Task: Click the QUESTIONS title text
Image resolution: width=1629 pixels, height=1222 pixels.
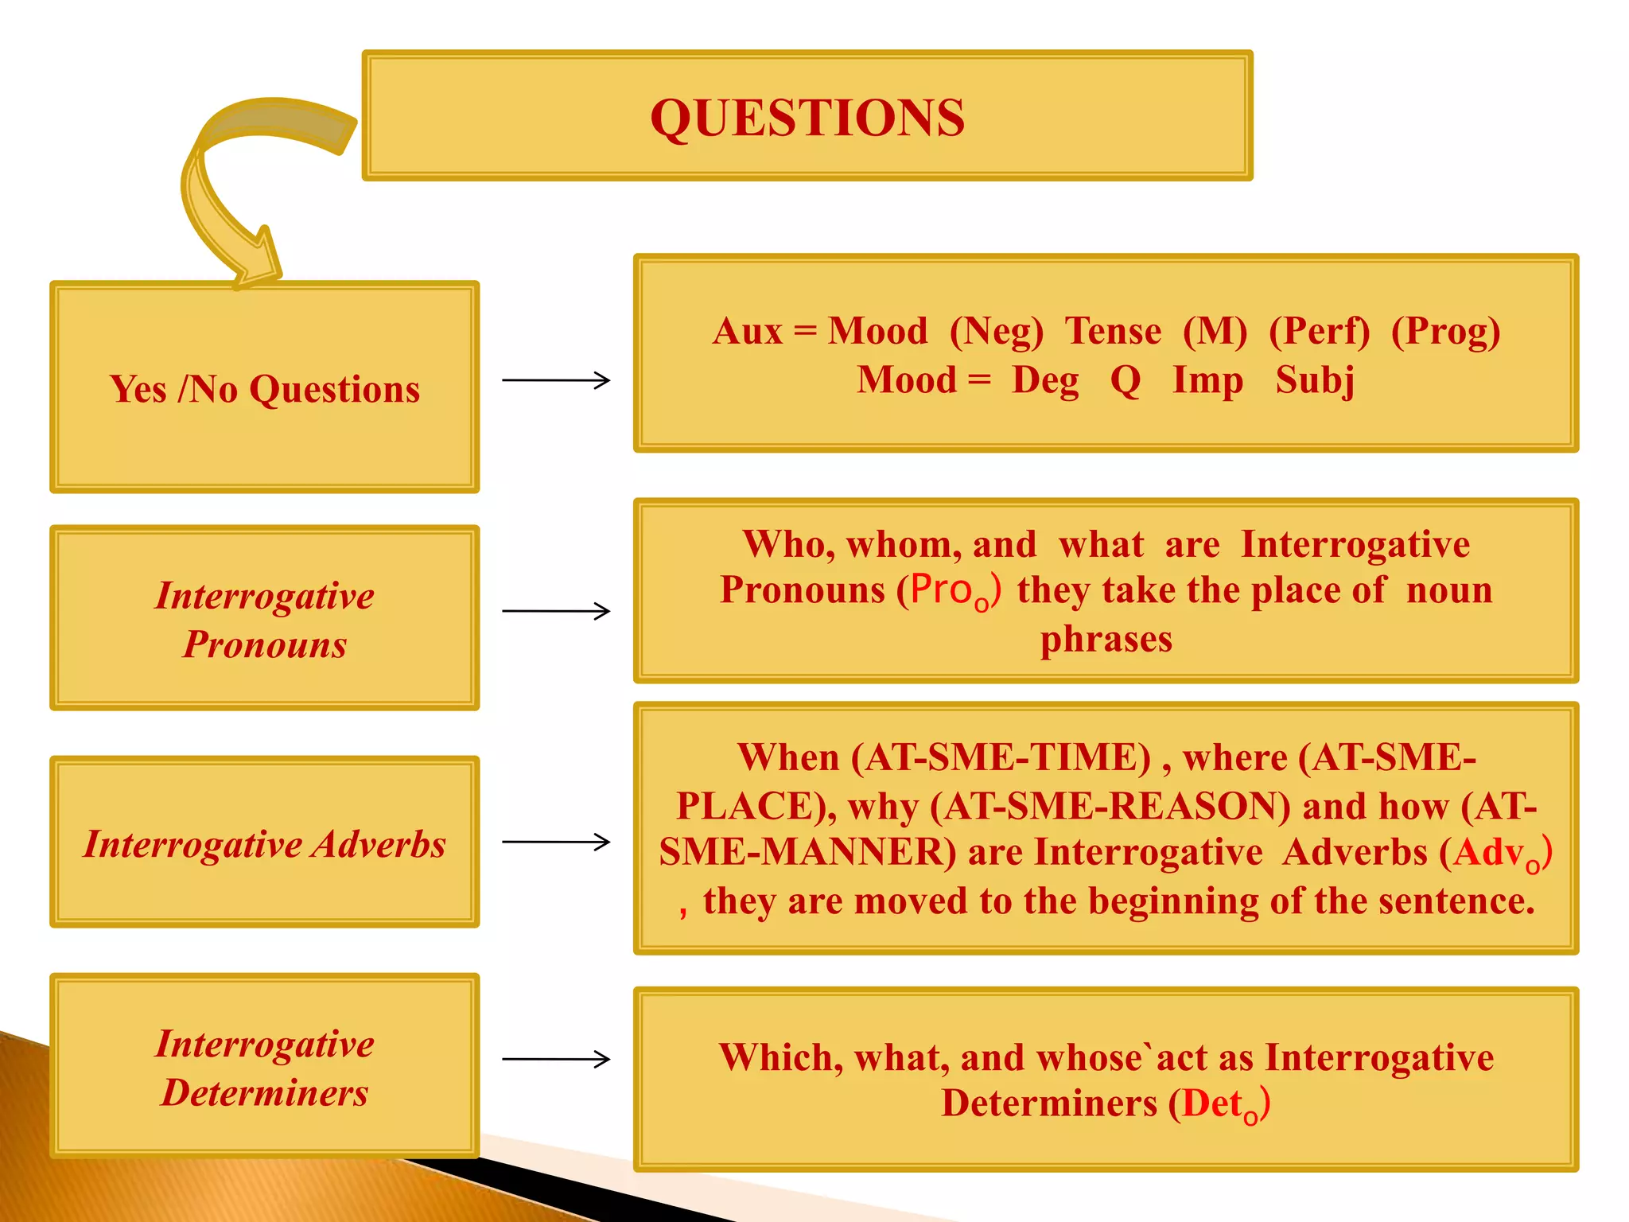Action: coord(807,118)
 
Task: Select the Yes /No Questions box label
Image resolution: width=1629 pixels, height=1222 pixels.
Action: coord(265,390)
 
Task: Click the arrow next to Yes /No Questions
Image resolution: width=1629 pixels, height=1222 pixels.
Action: coord(556,380)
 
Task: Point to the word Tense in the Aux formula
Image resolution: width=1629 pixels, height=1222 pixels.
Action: coord(1113,331)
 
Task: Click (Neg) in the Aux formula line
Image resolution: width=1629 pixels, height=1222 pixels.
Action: coord(996,331)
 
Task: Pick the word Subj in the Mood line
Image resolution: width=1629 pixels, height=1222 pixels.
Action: coord(1315,380)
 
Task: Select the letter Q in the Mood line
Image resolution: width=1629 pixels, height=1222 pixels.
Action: coord(1126,380)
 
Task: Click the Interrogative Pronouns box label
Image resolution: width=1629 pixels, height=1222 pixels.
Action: coord(265,619)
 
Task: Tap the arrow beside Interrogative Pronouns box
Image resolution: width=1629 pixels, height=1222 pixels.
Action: coord(556,611)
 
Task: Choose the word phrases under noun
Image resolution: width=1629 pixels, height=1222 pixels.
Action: coord(1106,639)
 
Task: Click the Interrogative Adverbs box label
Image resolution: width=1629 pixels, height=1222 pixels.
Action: coord(265,844)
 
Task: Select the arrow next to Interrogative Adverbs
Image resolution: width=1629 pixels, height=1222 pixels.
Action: coord(556,842)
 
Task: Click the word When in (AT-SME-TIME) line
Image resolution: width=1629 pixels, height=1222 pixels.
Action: coord(788,757)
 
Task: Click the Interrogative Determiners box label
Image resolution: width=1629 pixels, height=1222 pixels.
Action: coord(265,1068)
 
